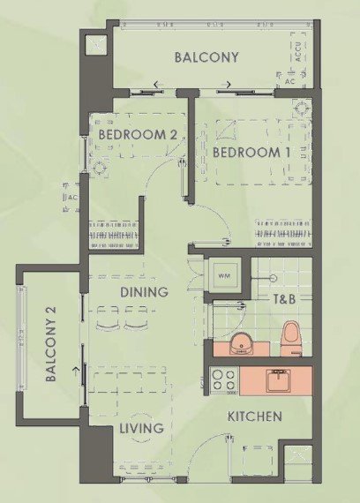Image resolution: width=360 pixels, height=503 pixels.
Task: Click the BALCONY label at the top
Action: coord(206,57)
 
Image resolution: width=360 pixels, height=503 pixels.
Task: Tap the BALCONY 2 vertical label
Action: coord(50,344)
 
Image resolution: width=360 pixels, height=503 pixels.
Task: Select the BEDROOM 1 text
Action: coord(251,153)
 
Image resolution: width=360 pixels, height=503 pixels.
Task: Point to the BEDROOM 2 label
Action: coord(138,134)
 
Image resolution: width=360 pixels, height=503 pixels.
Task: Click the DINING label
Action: coord(144,292)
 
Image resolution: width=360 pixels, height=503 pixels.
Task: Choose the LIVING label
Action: coord(141,428)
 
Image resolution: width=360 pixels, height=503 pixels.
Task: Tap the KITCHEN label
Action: coord(255,417)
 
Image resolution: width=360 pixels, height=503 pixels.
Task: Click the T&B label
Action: coord(284,299)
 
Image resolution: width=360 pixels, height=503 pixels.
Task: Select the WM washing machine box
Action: coord(224,275)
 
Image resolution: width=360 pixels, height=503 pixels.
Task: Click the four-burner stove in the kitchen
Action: coord(224,380)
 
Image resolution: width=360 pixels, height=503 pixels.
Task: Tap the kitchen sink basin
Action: coord(278,380)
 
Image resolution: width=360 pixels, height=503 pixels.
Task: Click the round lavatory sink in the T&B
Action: coord(242,344)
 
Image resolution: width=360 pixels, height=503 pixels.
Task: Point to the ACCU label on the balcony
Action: coord(298,52)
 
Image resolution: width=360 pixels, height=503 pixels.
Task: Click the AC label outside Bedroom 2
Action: coord(73,198)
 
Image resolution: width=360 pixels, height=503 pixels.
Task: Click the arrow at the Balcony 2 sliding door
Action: coord(76,372)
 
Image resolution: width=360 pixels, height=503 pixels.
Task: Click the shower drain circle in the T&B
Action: coord(274,278)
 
